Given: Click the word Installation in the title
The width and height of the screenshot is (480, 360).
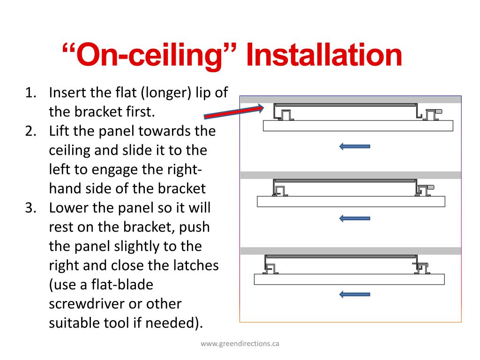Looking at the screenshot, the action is pyautogui.click(x=324, y=55).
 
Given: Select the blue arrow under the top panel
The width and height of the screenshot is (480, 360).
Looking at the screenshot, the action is pyautogui.click(x=355, y=146).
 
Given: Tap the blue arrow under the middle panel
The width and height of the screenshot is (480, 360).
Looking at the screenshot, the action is pyautogui.click(x=355, y=218).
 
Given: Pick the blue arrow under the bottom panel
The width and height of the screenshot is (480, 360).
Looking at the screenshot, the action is pyautogui.click(x=355, y=294).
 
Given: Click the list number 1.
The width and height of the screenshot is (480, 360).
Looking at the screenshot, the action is pyautogui.click(x=31, y=93).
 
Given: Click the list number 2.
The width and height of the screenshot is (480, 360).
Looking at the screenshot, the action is pyautogui.click(x=31, y=131).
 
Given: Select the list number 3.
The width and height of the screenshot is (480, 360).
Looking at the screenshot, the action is pyautogui.click(x=31, y=208).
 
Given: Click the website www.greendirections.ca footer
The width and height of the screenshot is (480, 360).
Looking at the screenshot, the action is pyautogui.click(x=240, y=344).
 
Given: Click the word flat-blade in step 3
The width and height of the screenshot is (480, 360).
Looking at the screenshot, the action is pyautogui.click(x=122, y=285).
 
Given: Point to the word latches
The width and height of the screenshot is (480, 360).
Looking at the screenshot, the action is pyautogui.click(x=196, y=265).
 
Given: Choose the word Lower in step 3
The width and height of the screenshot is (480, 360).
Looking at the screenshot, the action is pyautogui.click(x=68, y=208).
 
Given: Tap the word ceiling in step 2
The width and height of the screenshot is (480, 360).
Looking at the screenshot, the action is pyautogui.click(x=69, y=150).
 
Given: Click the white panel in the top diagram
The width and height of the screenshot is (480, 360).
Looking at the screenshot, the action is pyautogui.click(x=358, y=126).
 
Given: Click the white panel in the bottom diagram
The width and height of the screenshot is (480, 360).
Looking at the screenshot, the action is pyautogui.click(x=349, y=279).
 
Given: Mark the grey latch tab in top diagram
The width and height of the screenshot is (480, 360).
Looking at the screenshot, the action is pyautogui.click(x=439, y=112).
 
